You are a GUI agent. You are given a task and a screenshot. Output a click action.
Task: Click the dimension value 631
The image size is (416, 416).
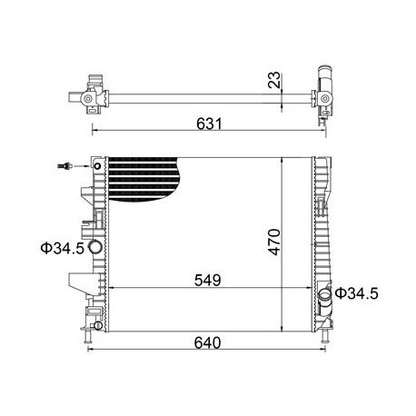pyautogui.click(x=209, y=124)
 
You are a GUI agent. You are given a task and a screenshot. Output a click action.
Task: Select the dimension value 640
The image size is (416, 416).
pyautogui.click(x=207, y=342)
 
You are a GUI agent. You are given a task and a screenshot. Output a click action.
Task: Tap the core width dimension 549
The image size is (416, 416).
pyautogui.click(x=208, y=281)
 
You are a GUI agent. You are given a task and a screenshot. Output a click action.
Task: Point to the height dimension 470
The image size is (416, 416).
pyautogui.click(x=275, y=242)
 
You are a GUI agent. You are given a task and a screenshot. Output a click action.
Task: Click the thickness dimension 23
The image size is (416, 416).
pyautogui.click(x=274, y=80)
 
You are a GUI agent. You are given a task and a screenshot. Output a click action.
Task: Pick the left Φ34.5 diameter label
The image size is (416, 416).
pyautogui.click(x=62, y=248)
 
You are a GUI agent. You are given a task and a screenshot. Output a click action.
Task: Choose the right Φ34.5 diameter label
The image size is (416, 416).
pyautogui.click(x=357, y=293)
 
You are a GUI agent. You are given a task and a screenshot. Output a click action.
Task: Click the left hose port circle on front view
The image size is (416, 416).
pyautogui.click(x=95, y=247)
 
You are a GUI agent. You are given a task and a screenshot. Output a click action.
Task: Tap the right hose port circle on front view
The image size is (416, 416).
pyautogui.click(x=326, y=294)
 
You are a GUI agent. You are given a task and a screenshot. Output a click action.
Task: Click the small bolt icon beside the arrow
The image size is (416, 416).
pyautogui.click(x=64, y=166)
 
